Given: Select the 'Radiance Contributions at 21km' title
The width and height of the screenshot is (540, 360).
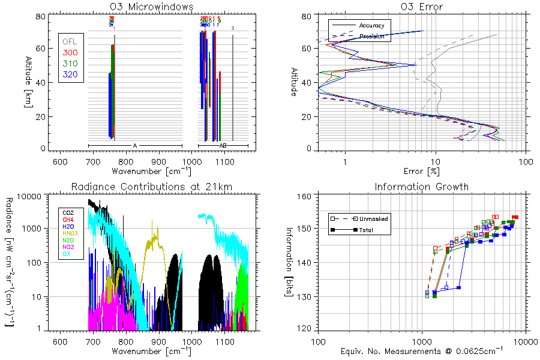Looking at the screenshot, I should (151, 187).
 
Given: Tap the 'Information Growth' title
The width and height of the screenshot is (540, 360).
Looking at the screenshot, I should (421, 187).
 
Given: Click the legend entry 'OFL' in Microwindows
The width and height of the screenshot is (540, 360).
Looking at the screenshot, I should (70, 42).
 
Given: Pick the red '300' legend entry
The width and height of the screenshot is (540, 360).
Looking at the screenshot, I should (70, 53).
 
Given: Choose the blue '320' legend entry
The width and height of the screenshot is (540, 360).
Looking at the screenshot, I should (70, 74).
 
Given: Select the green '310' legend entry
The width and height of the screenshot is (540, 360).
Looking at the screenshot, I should (70, 64).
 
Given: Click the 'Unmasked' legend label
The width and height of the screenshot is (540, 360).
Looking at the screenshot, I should (377, 218).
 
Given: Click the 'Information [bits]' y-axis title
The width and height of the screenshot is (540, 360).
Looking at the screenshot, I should (290, 247).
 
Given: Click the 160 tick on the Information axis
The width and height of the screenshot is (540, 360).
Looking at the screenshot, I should (303, 196).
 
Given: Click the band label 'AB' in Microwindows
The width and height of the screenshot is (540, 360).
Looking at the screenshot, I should (223, 146).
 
